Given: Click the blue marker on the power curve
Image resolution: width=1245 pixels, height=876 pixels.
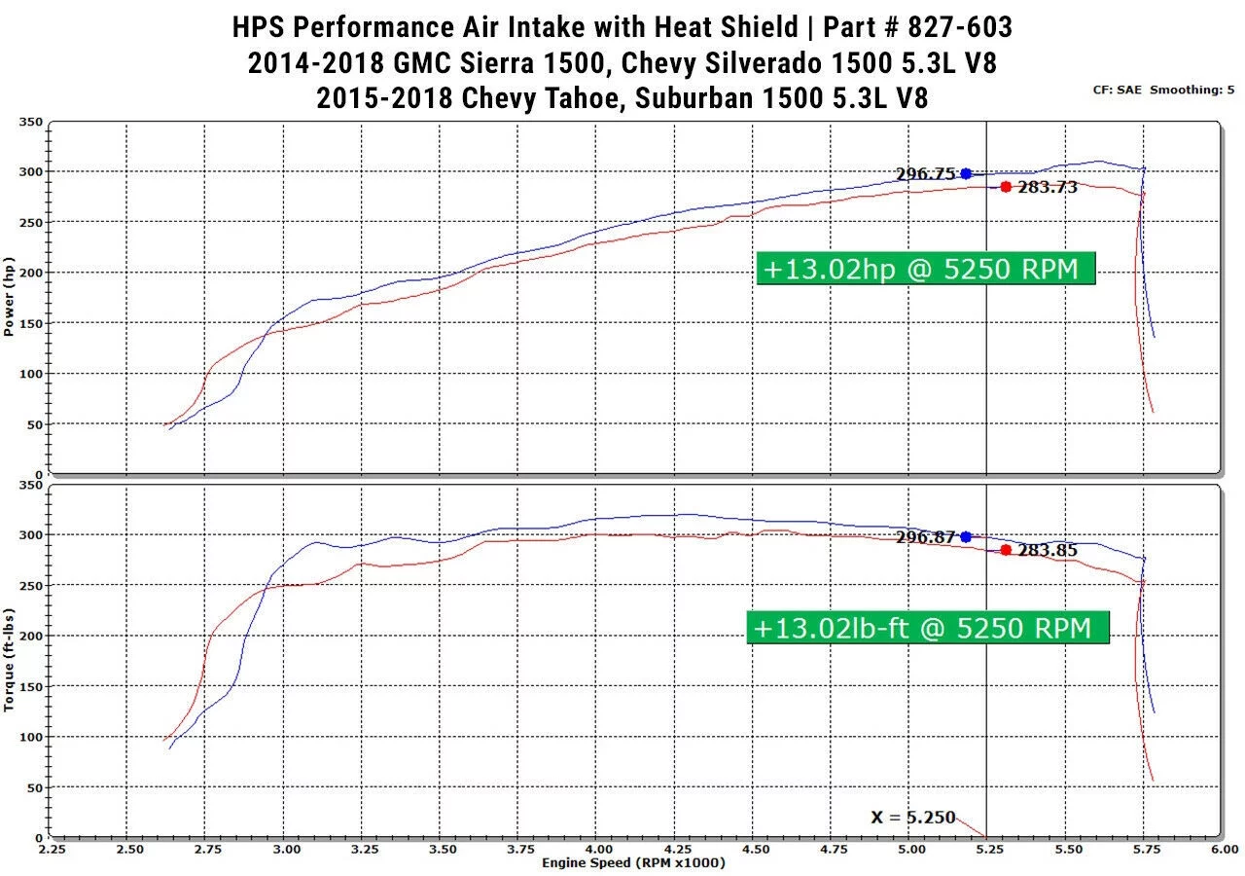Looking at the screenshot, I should tap(966, 173).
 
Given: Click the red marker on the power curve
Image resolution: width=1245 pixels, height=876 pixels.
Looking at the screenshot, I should tap(1006, 187).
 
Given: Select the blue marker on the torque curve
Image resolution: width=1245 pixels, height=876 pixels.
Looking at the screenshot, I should tap(966, 536).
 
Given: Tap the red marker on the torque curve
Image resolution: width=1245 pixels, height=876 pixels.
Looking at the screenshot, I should tap(1006, 550).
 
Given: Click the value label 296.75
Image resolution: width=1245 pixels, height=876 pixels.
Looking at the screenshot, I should tap(926, 174).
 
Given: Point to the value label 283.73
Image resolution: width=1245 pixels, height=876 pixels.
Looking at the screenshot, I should tap(1048, 188).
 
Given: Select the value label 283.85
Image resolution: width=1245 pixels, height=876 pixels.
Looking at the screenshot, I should tap(1048, 551).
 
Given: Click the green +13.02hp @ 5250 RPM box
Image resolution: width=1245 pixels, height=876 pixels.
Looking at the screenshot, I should tap(926, 268).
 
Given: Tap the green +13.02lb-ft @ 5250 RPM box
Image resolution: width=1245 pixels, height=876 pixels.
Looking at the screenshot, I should tap(928, 628).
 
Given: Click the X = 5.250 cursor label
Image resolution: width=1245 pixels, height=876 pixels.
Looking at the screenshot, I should tap(912, 818).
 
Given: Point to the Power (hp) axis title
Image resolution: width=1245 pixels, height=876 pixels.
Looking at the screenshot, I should tap(10, 297).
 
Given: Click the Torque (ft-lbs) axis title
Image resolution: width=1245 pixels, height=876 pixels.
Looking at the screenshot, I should tap(10, 661).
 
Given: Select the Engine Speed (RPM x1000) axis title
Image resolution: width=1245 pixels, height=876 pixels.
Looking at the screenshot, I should tap(633, 863).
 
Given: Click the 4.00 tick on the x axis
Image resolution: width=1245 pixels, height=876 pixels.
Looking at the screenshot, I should tap(598, 850).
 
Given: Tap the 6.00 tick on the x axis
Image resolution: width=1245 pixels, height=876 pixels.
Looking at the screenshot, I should tap(1223, 850).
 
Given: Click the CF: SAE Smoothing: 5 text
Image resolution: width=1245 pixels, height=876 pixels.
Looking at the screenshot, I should tap(1163, 90).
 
